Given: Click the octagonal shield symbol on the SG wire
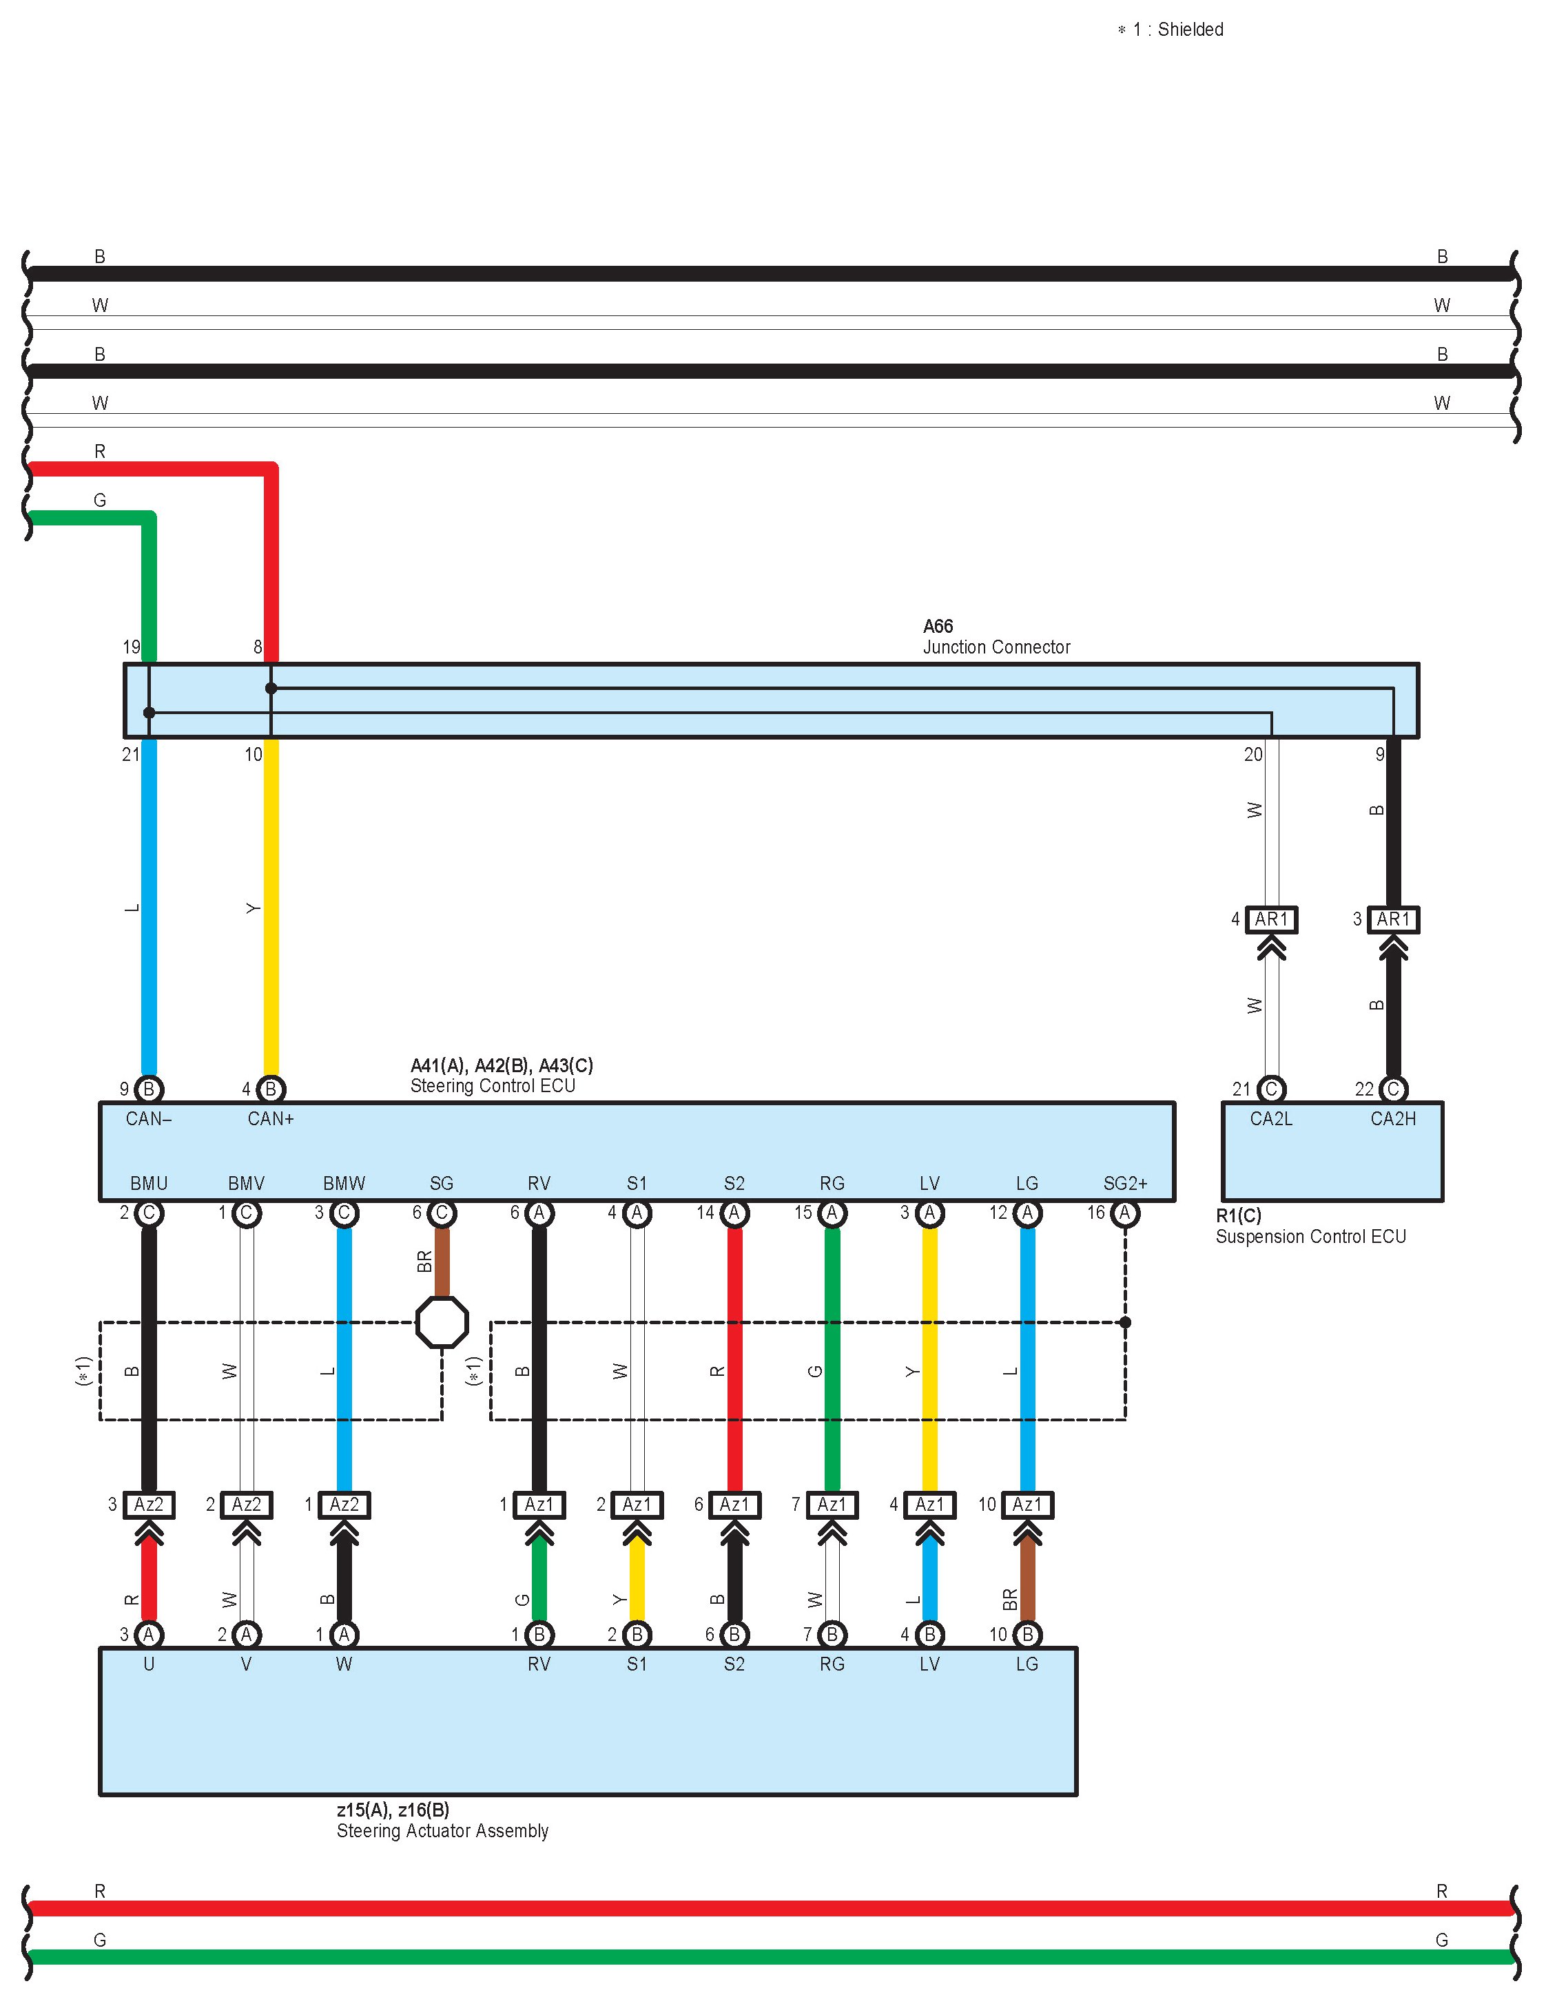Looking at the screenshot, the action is [442, 1322].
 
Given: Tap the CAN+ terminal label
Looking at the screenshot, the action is [270, 1119].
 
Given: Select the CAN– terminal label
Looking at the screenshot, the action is [149, 1119].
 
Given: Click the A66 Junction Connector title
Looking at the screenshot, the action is [996, 636].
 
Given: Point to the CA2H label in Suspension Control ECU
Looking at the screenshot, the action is [1392, 1119].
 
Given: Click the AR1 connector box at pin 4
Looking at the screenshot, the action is [1271, 919].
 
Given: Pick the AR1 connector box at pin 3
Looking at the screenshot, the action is [1392, 919].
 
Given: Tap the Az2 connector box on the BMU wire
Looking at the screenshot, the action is [149, 1504].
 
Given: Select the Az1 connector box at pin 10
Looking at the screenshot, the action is [1027, 1504].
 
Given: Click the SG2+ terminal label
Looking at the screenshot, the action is [1125, 1183].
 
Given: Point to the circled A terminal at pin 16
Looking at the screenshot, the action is [1125, 1213].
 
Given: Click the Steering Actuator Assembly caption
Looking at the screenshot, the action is [442, 1830].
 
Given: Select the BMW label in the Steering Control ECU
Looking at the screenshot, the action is [344, 1183].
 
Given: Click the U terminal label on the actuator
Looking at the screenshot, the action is [149, 1664].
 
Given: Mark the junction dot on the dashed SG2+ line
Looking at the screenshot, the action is [1125, 1322].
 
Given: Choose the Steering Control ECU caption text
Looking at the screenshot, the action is [493, 1086].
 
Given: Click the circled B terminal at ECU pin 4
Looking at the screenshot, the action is [270, 1089].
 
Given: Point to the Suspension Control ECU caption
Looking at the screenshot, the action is [1310, 1237].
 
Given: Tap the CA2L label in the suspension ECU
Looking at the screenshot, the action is [1271, 1119].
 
